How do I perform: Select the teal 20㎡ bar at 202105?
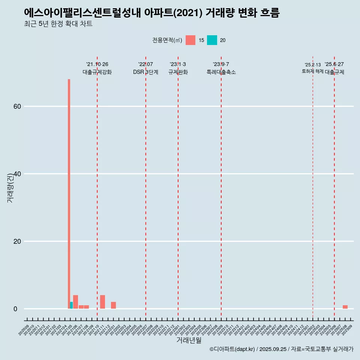[x=72, y=305]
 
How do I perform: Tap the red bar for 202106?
[x=75, y=302]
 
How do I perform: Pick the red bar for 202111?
[x=102, y=302]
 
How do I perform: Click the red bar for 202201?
[x=113, y=305]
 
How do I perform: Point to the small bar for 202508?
[x=345, y=307]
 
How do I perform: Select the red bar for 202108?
[x=86, y=307]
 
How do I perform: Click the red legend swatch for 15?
[x=190, y=40]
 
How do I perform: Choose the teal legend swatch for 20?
[x=212, y=40]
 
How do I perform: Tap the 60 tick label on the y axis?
[x=17, y=106]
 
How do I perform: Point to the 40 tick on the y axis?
[x=17, y=174]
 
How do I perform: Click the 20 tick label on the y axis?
[x=17, y=241]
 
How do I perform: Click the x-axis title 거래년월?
[x=189, y=340]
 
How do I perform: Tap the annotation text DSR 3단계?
[x=145, y=72]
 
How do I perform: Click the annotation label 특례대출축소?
[x=221, y=72]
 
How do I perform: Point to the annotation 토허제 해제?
[x=312, y=71]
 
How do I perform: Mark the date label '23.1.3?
[x=178, y=64]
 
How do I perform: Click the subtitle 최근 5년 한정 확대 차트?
[x=58, y=24]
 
